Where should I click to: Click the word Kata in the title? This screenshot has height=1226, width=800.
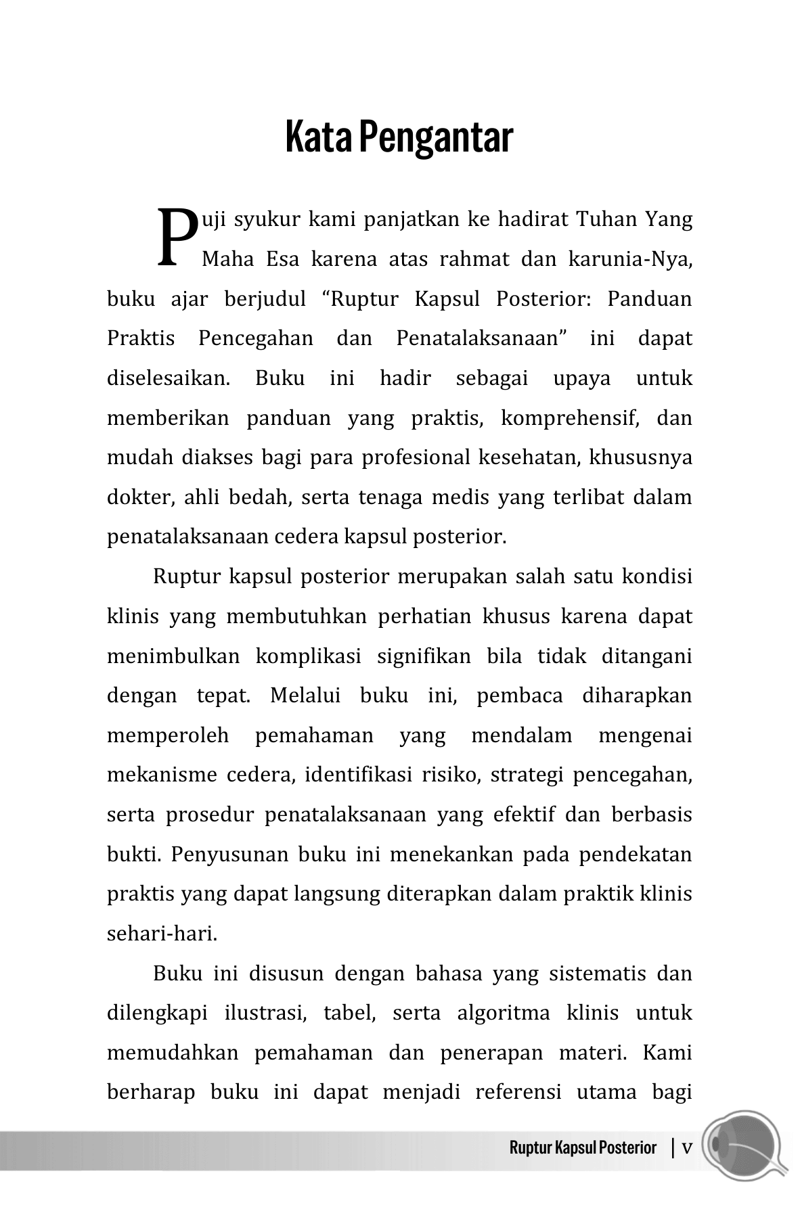coord(318,137)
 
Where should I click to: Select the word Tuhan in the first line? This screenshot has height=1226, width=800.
coord(607,220)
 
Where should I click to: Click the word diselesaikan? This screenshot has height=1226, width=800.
coord(169,378)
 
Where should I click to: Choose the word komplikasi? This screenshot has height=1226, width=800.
coord(308,656)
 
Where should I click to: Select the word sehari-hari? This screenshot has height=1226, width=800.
coord(162,934)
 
